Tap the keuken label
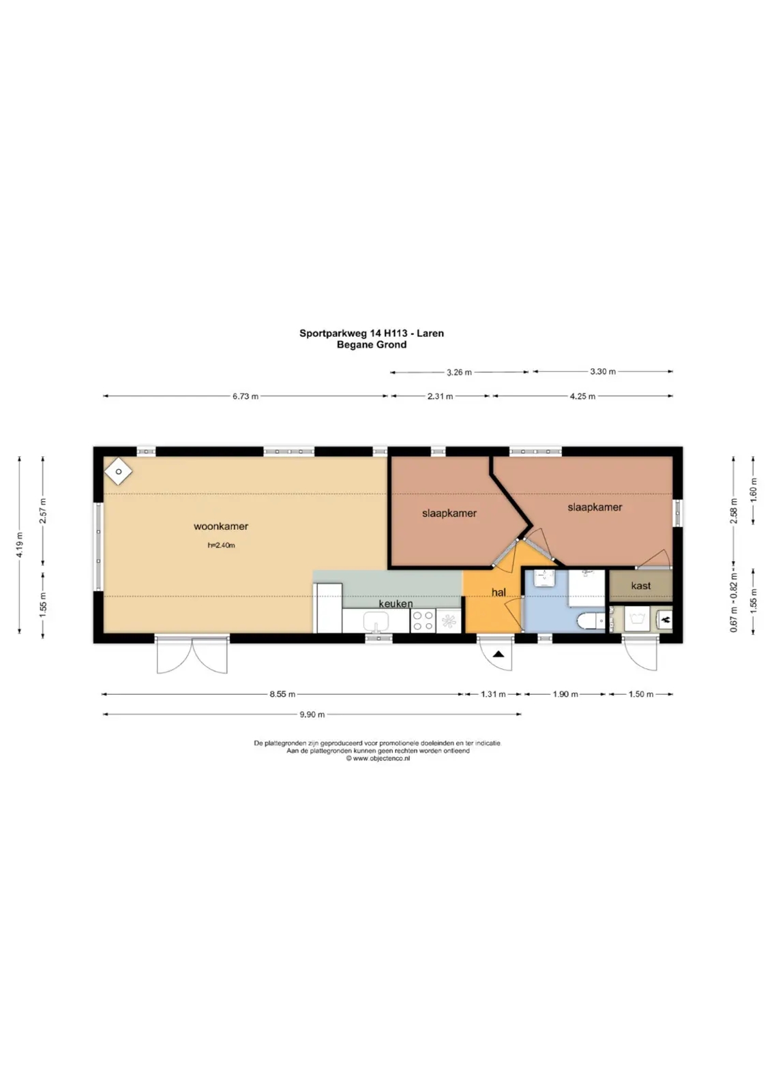396,603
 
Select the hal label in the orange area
499,593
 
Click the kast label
640,586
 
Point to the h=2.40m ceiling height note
221,545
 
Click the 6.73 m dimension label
245,396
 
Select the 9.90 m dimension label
312,715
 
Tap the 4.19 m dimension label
20,545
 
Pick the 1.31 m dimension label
493,694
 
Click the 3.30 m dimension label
602,372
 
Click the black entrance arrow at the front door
499,654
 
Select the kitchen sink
376,621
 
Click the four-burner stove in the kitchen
423,621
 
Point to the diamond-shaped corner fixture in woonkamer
119,471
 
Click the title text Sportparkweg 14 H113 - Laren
371,333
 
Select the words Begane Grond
371,345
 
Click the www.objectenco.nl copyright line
378,758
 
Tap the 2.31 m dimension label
440,396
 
